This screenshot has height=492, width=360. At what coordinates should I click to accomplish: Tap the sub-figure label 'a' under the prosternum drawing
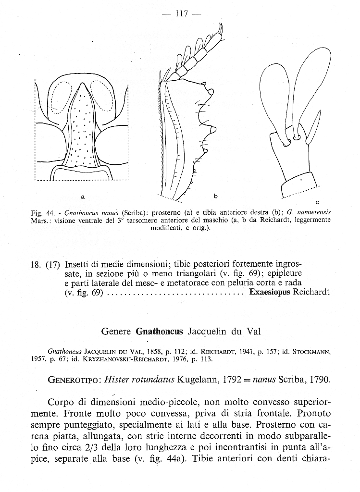click(x=83, y=197)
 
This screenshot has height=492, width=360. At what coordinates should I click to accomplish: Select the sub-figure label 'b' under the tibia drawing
click(x=216, y=196)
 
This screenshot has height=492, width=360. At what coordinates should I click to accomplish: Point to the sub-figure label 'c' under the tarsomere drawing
click(x=317, y=201)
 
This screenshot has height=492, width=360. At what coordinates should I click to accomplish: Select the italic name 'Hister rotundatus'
click(x=139, y=380)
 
